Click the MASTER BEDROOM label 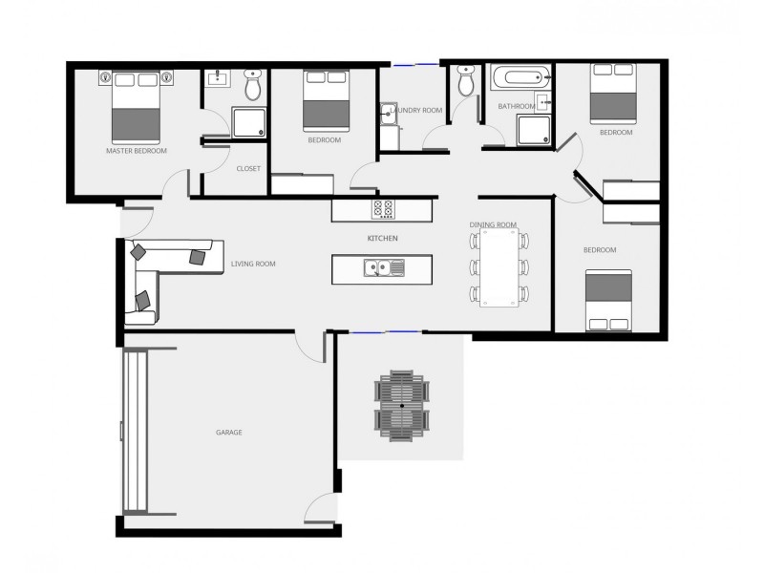[x=137, y=151]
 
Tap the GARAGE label [x=229, y=433]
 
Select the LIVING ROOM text [x=253, y=265]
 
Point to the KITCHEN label [x=382, y=238]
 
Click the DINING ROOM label [x=493, y=225]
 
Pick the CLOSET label [x=248, y=169]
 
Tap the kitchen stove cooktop [x=384, y=208]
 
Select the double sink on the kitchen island [x=384, y=268]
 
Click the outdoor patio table [x=403, y=406]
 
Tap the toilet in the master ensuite [x=253, y=86]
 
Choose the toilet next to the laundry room [x=465, y=82]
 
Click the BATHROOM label [x=516, y=107]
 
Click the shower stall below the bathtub [x=533, y=131]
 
